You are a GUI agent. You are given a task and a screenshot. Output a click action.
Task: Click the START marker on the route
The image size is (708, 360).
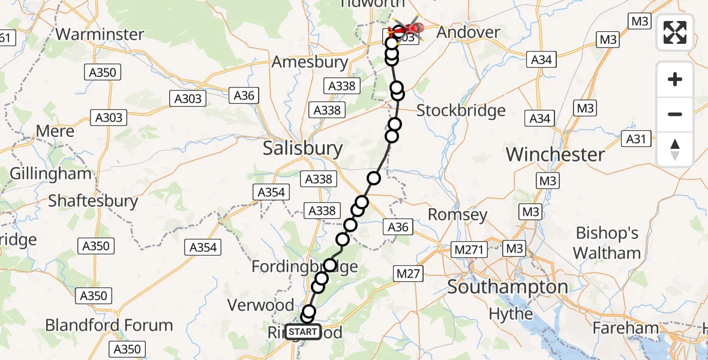click(x=303, y=332)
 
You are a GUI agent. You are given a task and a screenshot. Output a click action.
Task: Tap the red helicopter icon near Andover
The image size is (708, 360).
click(x=407, y=28)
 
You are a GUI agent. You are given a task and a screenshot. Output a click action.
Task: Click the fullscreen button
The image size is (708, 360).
click(x=675, y=32)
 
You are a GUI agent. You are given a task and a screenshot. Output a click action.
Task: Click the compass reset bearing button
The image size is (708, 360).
click(x=675, y=149)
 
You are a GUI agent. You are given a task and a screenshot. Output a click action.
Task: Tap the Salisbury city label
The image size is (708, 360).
click(x=302, y=148)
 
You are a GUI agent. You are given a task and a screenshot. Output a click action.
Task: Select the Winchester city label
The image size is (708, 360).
click(x=556, y=154)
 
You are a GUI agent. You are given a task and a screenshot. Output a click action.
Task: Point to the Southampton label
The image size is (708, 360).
click(x=508, y=287)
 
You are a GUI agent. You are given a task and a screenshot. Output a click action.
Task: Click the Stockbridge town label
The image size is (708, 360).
click(x=461, y=110)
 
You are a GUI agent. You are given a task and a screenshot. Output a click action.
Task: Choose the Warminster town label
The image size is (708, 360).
click(x=100, y=34)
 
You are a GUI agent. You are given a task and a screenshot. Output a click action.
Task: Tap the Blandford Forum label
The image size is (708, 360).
click(x=109, y=325)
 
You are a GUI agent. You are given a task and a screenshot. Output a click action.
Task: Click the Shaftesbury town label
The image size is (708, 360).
click(x=93, y=200)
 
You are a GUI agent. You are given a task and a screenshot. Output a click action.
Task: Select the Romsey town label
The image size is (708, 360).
click(x=457, y=215)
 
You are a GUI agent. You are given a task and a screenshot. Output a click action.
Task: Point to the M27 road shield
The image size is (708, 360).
click(x=409, y=274)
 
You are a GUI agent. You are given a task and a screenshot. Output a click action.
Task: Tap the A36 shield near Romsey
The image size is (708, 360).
click(x=398, y=227)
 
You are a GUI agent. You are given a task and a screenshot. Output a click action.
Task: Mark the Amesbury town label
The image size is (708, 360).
click(x=310, y=62)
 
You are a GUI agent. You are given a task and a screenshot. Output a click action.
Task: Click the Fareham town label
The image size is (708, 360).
click(x=625, y=328)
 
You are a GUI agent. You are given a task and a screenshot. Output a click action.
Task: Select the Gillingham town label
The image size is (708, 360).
click(x=50, y=175)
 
